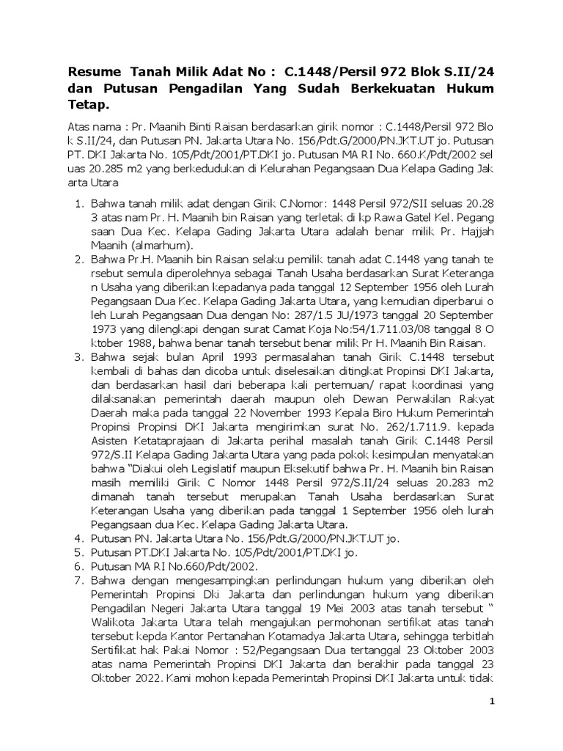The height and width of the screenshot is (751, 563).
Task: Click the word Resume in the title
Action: (x=95, y=72)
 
